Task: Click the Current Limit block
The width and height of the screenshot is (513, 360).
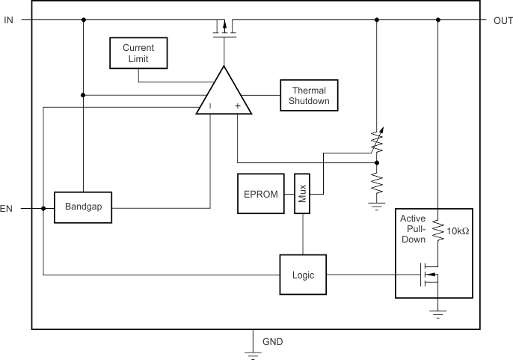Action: [x=138, y=53]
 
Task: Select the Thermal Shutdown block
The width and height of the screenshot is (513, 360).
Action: [x=309, y=96]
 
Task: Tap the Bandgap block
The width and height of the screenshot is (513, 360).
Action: [x=83, y=207]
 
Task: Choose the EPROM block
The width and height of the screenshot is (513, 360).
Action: [x=261, y=194]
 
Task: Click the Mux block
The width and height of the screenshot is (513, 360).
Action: [x=301, y=194]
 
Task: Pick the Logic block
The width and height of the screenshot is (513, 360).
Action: [x=303, y=275]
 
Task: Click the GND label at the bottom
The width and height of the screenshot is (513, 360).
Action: [x=272, y=342]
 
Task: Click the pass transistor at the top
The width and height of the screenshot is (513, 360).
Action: [x=224, y=29]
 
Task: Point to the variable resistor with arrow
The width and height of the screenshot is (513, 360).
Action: [x=377, y=142]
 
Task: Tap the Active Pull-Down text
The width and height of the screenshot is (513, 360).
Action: [x=413, y=229]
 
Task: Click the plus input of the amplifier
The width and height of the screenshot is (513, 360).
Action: [x=237, y=107]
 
